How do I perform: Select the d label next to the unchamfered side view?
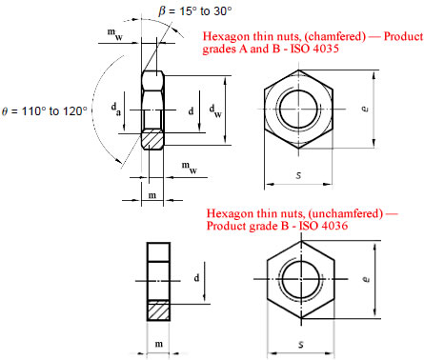point(196,278)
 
